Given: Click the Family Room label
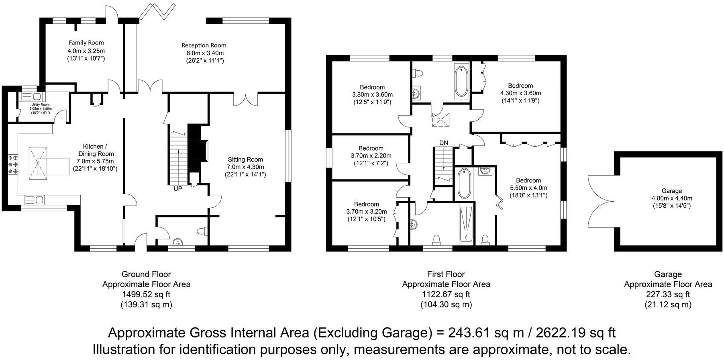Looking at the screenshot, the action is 86,43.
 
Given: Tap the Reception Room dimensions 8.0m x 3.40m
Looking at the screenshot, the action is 204,53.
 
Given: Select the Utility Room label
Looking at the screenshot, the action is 40,104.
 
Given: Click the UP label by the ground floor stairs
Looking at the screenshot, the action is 178,188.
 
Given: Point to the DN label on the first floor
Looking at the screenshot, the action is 444,143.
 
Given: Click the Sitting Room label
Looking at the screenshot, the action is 245,160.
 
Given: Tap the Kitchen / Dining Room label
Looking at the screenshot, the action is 95,150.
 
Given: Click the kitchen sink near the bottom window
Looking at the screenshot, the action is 35,199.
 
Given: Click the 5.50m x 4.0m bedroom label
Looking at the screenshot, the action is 528,188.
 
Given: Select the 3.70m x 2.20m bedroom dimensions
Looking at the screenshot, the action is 371,156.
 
